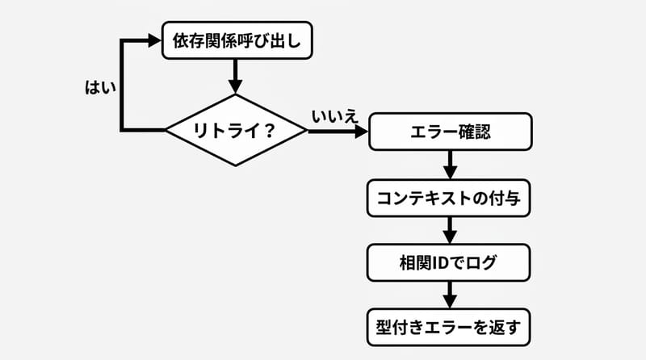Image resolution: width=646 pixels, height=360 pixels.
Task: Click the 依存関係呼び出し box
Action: pos(237,40)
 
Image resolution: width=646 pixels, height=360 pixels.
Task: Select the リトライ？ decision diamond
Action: pos(237,129)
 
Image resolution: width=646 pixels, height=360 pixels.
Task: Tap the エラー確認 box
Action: pos(450,132)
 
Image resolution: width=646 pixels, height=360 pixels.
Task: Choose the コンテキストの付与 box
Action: pos(450,197)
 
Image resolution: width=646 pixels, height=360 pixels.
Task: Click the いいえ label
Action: pos(334,116)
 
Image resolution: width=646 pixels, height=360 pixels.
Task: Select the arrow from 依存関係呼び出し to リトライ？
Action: pos(237,77)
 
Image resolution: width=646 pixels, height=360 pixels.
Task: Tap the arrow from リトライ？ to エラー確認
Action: pos(338,130)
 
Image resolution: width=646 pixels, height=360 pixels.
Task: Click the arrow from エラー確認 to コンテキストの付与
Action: pos(450,165)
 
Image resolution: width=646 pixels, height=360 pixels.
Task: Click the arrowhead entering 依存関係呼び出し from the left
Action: pos(153,40)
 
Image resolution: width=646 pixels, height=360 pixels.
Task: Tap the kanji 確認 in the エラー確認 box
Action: pos(475,132)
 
